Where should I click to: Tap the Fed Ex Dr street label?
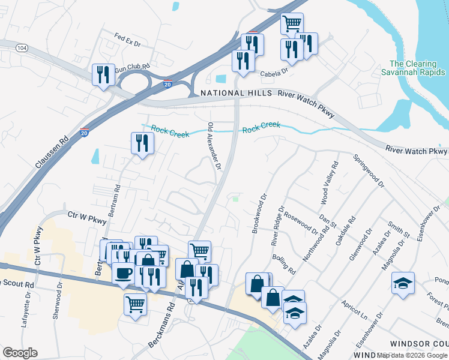tap(127, 43)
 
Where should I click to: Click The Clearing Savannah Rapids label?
tap(414, 68)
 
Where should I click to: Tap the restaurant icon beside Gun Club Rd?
tap(103, 74)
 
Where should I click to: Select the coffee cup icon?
tap(124, 273)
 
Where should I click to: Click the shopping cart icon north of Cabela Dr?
tap(292, 24)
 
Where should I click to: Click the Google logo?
tap(20, 353)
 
